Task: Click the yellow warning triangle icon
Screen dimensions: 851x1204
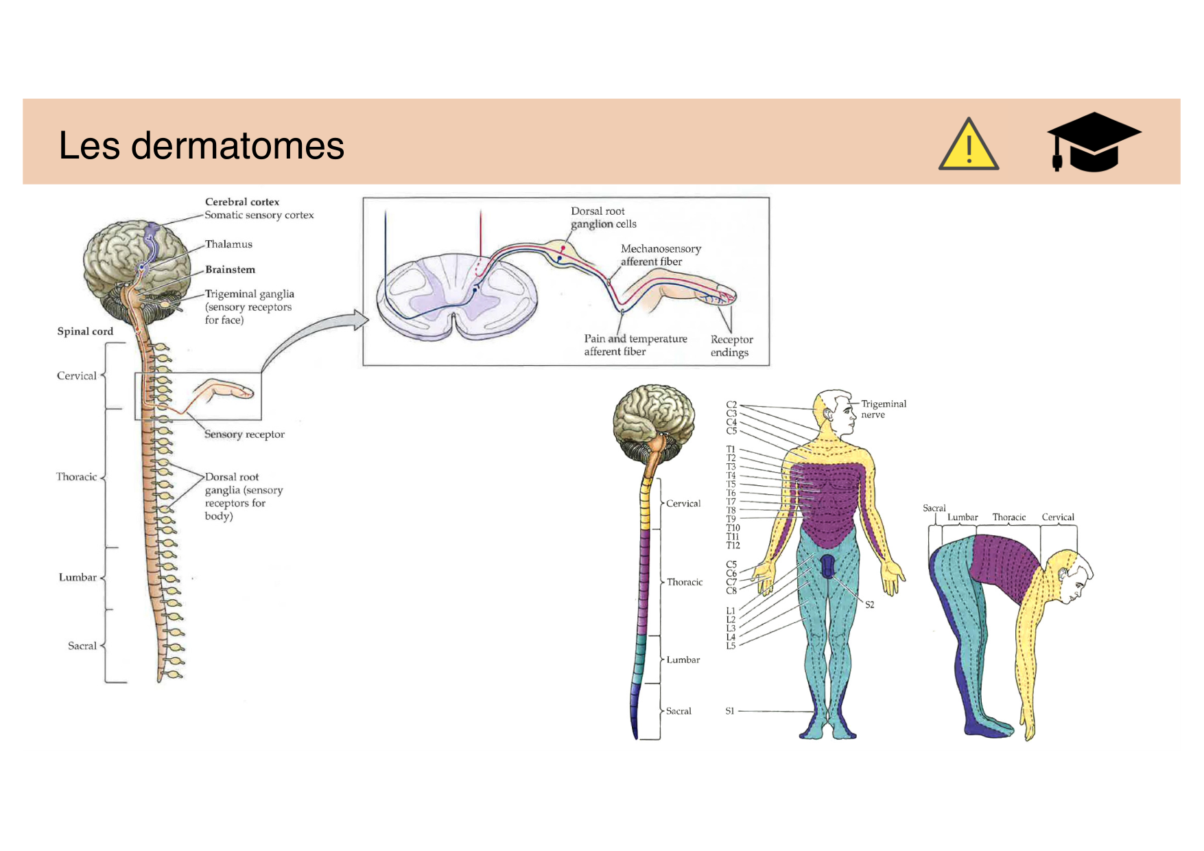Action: point(968,145)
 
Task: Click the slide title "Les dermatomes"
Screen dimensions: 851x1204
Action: point(201,145)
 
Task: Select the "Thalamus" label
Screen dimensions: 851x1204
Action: point(228,244)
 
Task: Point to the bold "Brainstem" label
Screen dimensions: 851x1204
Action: point(230,270)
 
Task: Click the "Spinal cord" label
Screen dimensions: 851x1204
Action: point(85,331)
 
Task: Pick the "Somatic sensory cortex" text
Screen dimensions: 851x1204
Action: point(259,215)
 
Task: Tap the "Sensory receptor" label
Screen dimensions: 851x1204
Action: point(244,434)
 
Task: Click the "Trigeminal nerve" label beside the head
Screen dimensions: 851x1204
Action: point(883,409)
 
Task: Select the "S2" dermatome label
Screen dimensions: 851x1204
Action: point(869,605)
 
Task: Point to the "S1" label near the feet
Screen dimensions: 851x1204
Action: point(730,711)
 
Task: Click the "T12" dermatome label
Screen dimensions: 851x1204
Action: point(733,546)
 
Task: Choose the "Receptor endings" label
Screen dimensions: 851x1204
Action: point(731,346)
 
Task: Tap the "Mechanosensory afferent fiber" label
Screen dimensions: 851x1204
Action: point(660,255)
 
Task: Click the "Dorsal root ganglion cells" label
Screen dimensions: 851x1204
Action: point(603,218)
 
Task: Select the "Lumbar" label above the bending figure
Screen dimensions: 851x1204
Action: point(962,517)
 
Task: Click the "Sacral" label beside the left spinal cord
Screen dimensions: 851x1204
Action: point(82,646)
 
